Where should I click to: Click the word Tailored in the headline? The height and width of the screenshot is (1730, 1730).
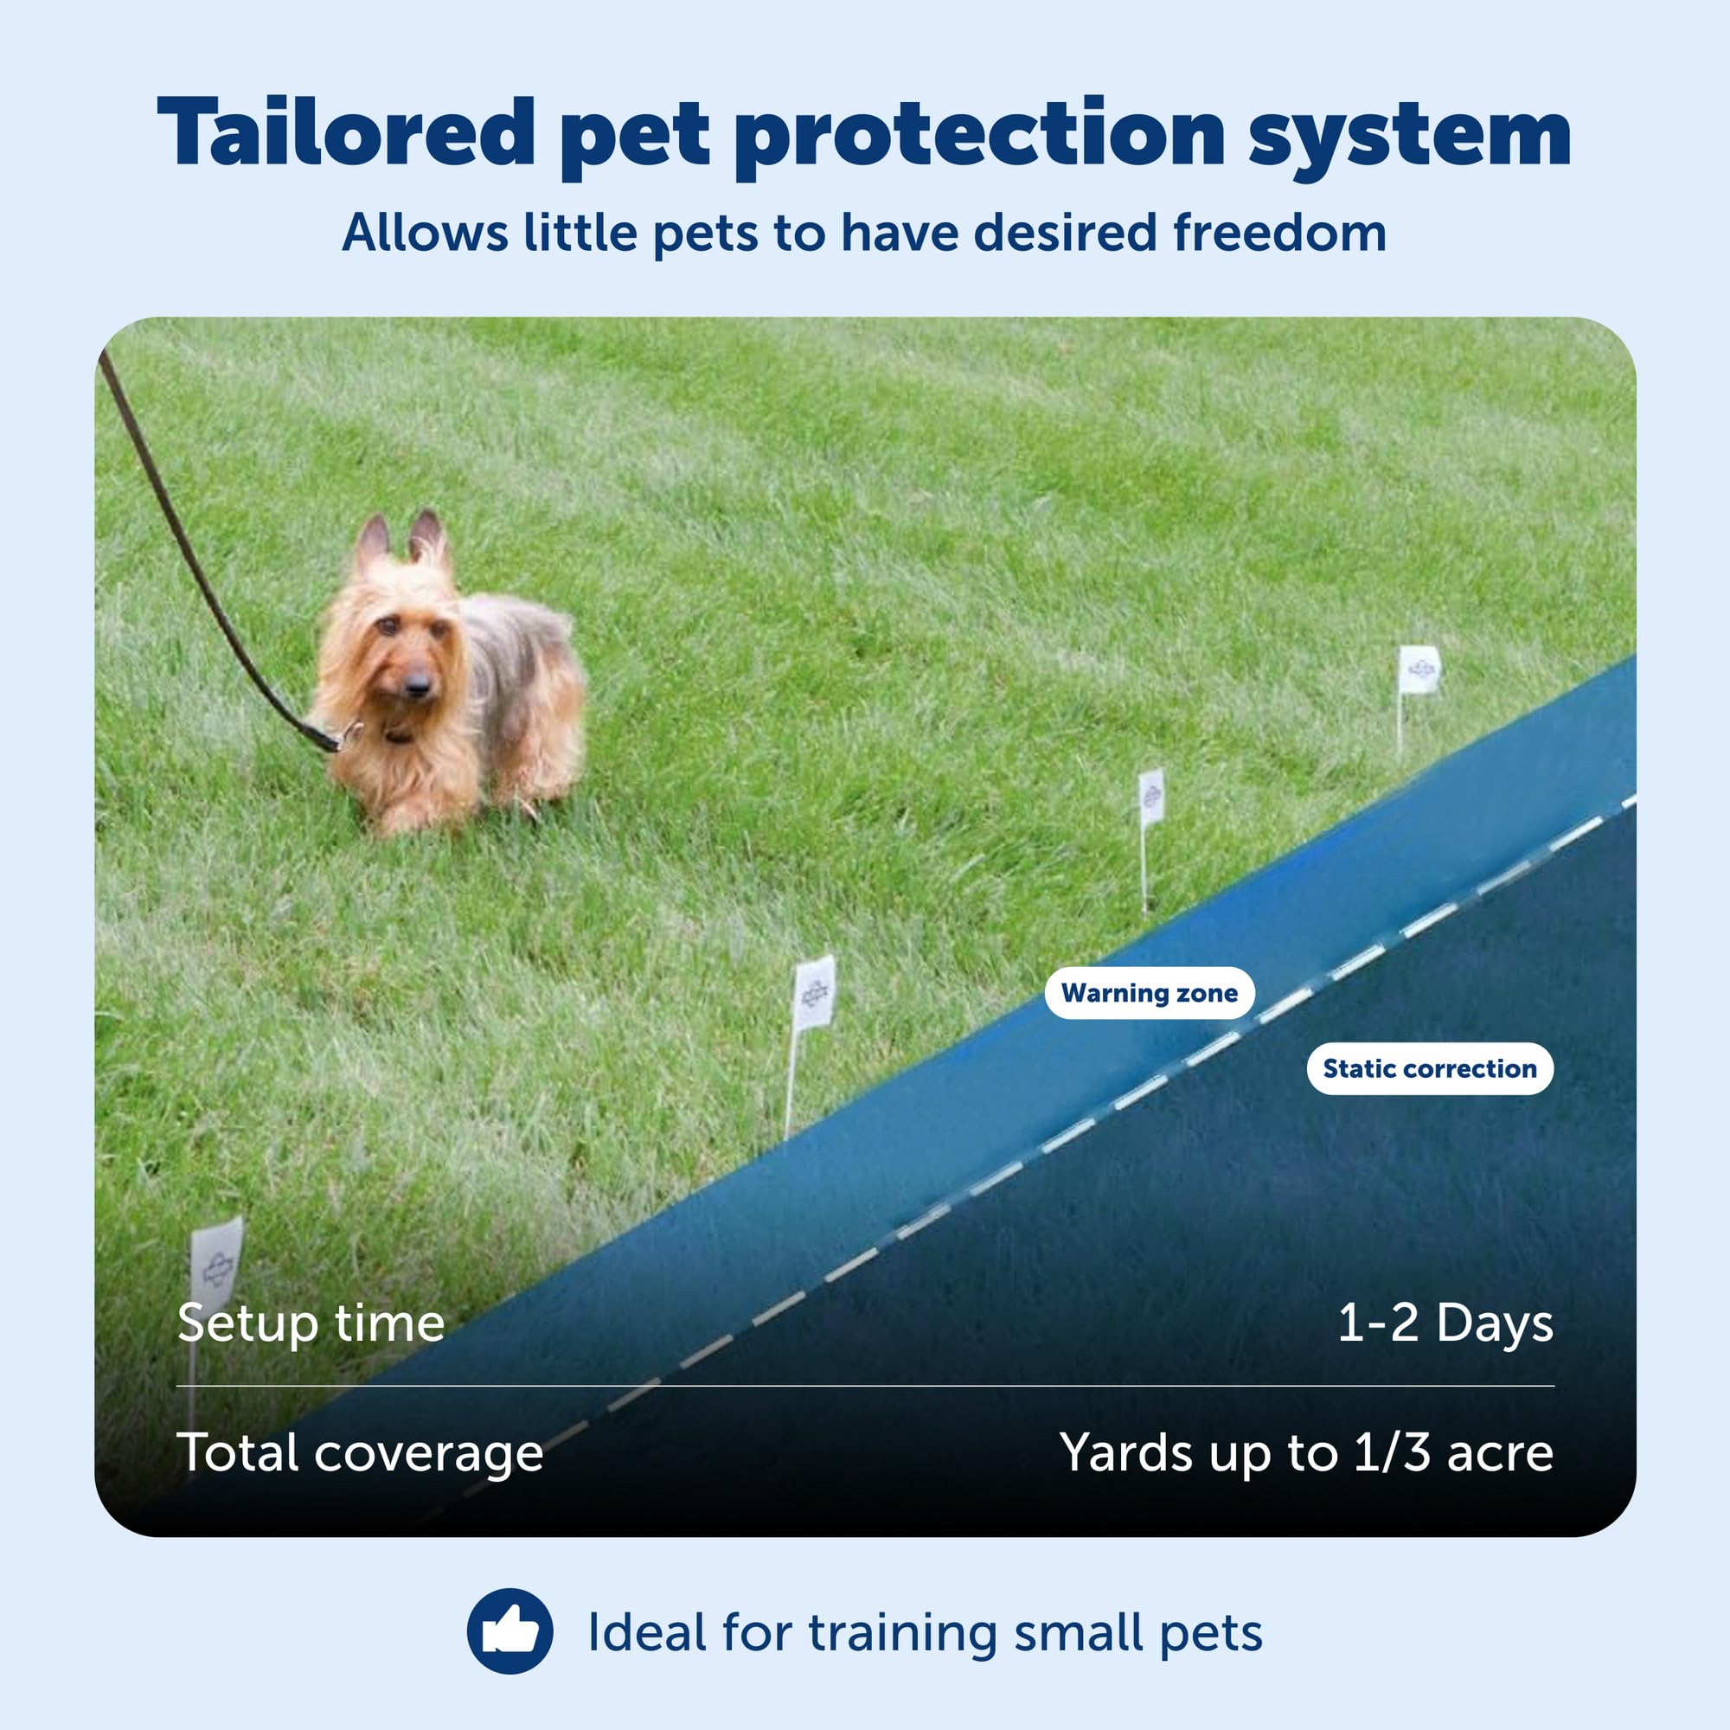[346, 131]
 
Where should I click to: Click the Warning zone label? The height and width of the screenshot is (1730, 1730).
[1149, 993]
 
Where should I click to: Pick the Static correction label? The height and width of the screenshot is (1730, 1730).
[1429, 1068]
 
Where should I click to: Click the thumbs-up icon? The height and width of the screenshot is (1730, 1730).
[510, 1631]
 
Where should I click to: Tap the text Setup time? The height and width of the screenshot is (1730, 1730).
[311, 1323]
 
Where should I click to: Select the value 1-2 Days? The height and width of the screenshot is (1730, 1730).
[1445, 1323]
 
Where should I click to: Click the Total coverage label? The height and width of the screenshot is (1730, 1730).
[360, 1451]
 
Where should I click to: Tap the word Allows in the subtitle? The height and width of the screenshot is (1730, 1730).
[426, 233]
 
